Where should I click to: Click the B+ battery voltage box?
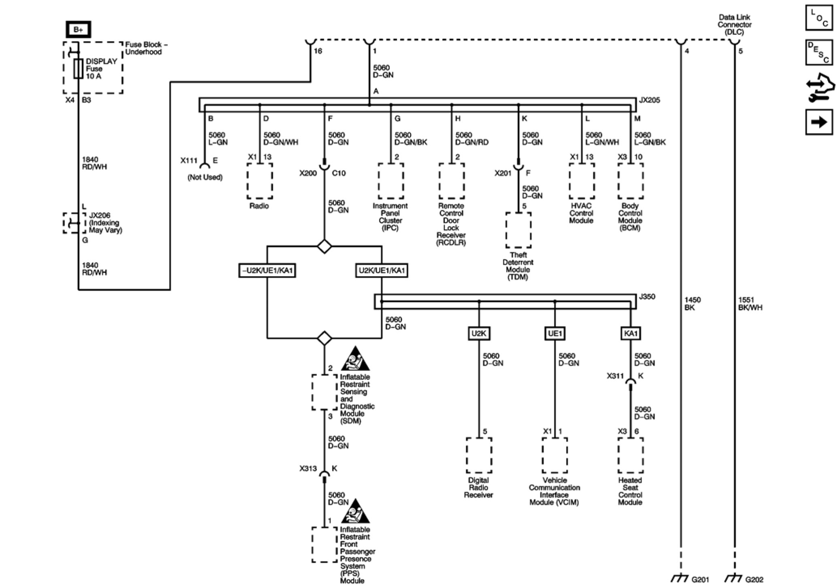pyautogui.click(x=78, y=30)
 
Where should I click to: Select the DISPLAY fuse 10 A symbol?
pyautogui.click(x=79, y=68)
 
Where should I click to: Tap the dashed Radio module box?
pyautogui.click(x=259, y=181)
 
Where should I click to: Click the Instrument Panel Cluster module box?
pyautogui.click(x=391, y=181)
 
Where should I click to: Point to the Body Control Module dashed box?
pyautogui.click(x=630, y=181)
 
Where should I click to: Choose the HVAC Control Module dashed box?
pyautogui.click(x=582, y=181)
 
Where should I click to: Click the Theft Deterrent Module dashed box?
pyautogui.click(x=518, y=230)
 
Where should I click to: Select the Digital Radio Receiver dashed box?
pyautogui.click(x=479, y=455)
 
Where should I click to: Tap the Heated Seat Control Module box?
pyautogui.click(x=630, y=455)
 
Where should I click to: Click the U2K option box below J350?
pyautogui.click(x=479, y=333)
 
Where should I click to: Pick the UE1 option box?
pyautogui.click(x=554, y=333)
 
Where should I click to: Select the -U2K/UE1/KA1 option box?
pyautogui.click(x=267, y=270)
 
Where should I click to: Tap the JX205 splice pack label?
pyautogui.click(x=649, y=100)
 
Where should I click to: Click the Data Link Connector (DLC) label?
pyautogui.click(x=734, y=24)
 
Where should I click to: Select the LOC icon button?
pyautogui.click(x=819, y=18)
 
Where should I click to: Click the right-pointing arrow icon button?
pyautogui.click(x=819, y=122)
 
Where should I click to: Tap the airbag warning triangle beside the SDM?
pyautogui.click(x=355, y=359)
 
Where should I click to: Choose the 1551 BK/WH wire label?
pyautogui.click(x=750, y=304)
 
